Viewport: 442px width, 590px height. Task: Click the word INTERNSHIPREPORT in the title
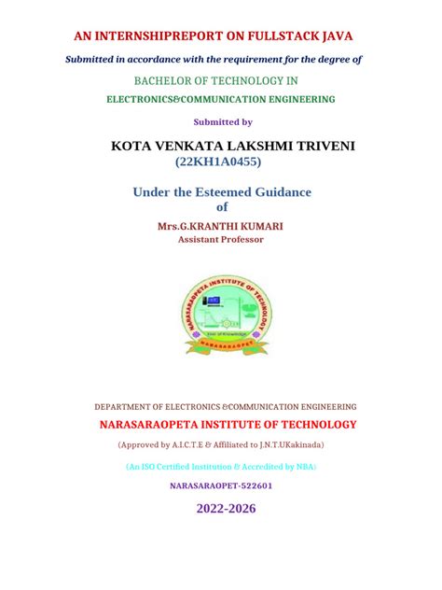pyautogui.click(x=169, y=37)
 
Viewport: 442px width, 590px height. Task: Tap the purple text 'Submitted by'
pyautogui.click(x=222, y=122)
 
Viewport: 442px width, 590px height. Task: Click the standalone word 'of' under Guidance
pyautogui.click(x=222, y=207)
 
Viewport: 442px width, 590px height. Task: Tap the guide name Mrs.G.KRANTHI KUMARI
pyautogui.click(x=221, y=226)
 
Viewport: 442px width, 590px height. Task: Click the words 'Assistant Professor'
pyautogui.click(x=221, y=239)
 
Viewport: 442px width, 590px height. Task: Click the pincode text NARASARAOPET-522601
pyautogui.click(x=221, y=485)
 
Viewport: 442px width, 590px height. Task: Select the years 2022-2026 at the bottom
pyautogui.click(x=225, y=509)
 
